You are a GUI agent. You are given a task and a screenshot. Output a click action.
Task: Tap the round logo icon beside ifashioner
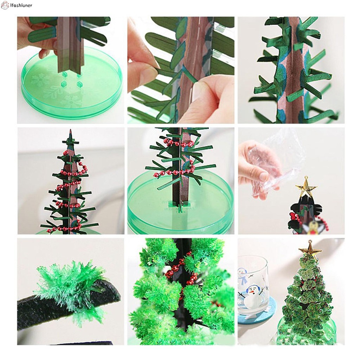5,5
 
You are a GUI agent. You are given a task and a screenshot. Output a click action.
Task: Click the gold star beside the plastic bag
306,186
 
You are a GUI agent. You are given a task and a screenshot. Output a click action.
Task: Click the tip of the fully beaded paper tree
70,131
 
